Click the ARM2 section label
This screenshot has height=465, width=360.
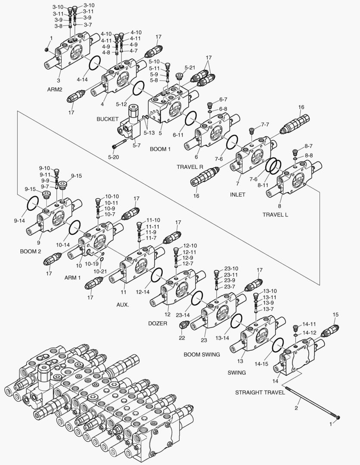(55, 90)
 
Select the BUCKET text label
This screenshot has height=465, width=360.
(108, 119)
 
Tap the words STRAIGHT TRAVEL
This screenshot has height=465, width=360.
(260, 392)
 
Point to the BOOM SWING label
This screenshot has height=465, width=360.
(202, 354)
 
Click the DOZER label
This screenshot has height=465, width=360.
(158, 323)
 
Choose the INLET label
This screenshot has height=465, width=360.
(237, 195)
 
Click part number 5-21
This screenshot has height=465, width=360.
(190, 68)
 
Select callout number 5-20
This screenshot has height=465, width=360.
(113, 158)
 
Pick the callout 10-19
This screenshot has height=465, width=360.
(92, 263)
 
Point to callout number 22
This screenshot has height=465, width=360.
(182, 338)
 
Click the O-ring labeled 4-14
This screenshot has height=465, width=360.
(95, 64)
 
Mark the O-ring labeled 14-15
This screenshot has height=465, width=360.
(278, 344)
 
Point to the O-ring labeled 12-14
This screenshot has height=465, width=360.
(156, 274)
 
